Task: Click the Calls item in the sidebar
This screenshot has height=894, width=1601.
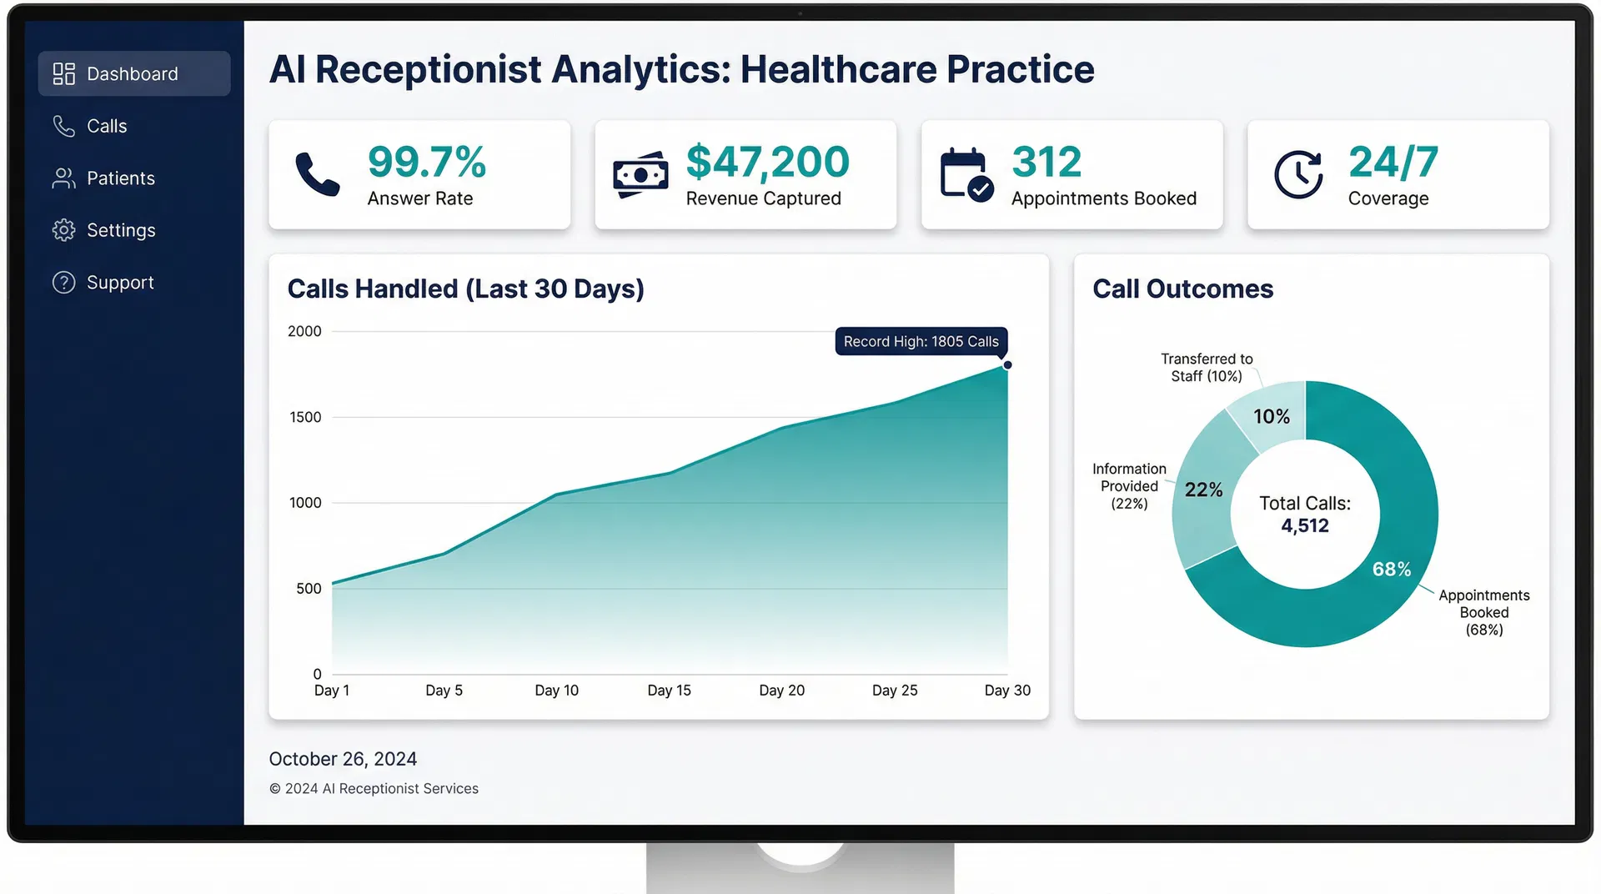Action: tap(106, 126)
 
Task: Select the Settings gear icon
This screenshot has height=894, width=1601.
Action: tap(63, 230)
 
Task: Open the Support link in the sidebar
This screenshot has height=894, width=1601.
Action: tap(119, 283)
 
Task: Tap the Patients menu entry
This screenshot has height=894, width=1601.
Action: tap(120, 178)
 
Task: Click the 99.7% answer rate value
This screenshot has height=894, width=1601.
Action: tap(426, 162)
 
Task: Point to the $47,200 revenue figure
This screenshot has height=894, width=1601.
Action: tap(767, 162)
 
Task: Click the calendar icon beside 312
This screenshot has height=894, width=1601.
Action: tap(966, 174)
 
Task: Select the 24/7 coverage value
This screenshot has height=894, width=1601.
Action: tap(1393, 162)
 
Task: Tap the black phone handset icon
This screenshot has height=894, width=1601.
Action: tap(318, 174)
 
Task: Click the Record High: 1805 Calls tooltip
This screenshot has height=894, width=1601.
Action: tap(921, 342)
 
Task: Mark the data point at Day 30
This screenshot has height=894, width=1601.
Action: tap(1007, 365)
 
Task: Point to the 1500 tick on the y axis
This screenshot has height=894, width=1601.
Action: tap(305, 417)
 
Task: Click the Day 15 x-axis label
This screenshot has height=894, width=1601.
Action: tap(669, 691)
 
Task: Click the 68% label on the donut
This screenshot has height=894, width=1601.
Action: tap(1391, 570)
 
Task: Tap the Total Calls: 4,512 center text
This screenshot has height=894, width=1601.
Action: tap(1305, 515)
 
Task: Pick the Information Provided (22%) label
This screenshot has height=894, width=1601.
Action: tap(1129, 486)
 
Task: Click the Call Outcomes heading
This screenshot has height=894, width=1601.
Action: tap(1182, 289)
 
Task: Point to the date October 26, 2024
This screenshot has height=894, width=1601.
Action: tap(343, 759)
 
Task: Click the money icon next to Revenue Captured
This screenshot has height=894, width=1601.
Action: tap(640, 174)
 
